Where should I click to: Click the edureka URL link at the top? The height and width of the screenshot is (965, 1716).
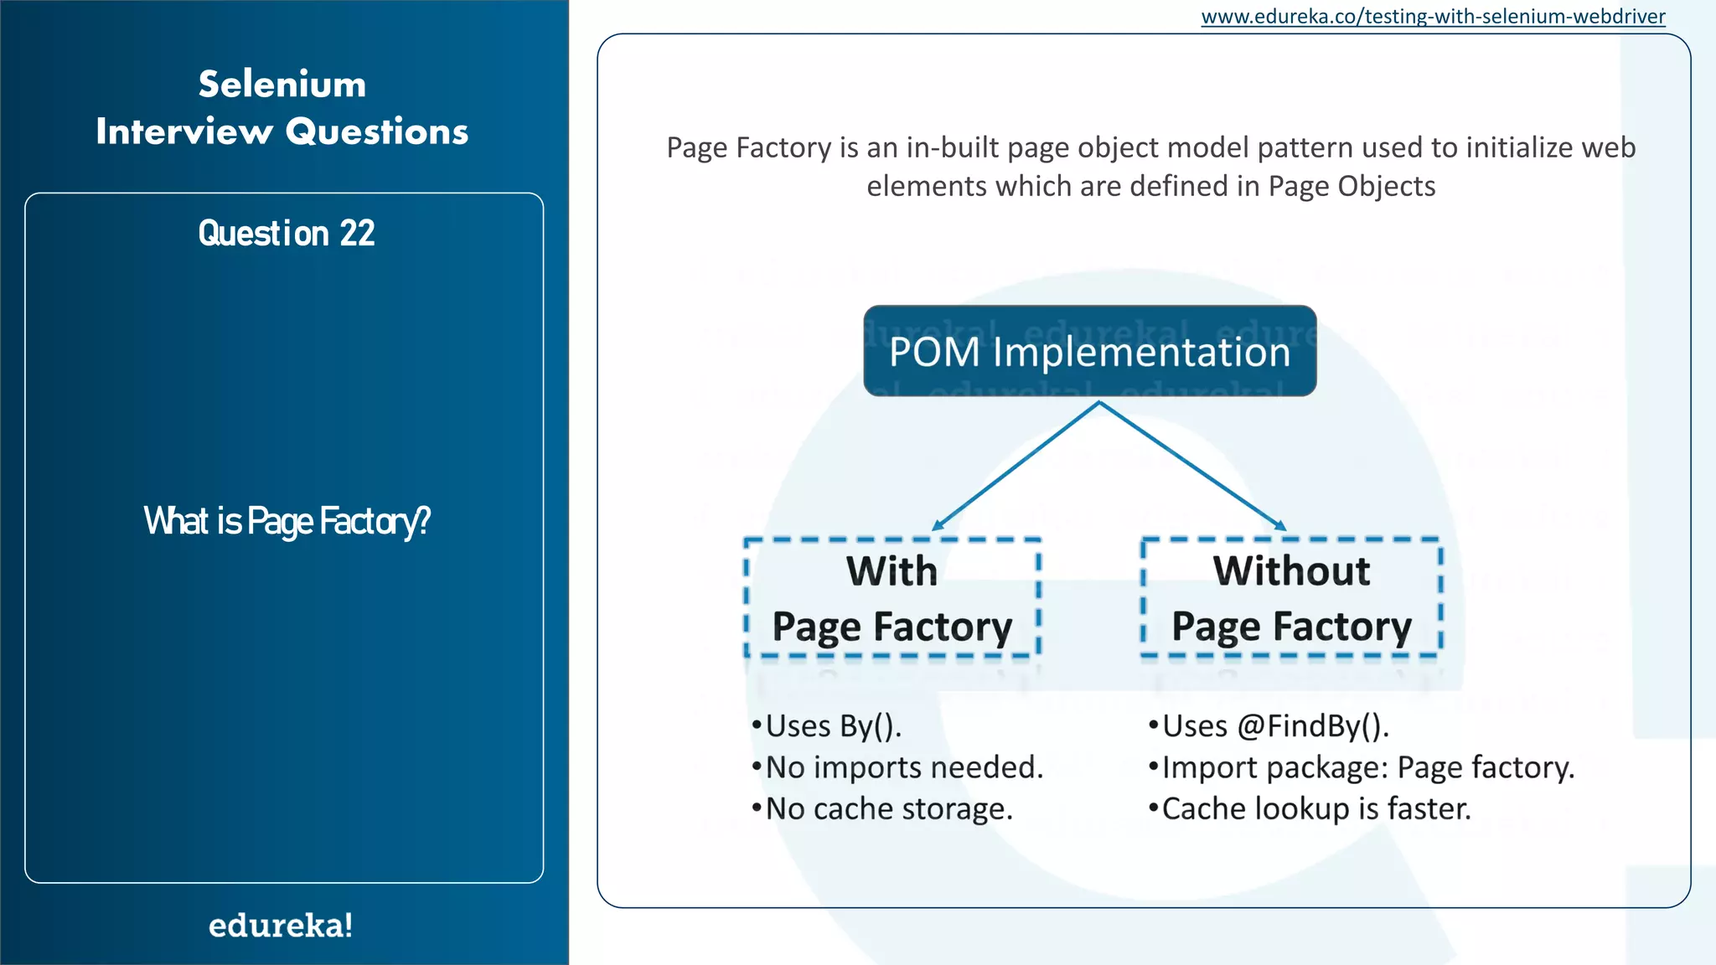point(1433,17)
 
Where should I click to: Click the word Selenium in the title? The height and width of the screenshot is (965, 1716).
point(282,85)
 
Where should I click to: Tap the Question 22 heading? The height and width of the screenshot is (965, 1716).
point(286,234)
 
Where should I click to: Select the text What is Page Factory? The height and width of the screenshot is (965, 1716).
point(287,521)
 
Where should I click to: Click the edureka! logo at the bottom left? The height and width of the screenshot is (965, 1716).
point(281,926)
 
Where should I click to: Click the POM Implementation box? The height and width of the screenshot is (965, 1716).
point(1089,351)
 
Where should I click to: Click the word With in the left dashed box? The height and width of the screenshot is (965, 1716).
point(892,571)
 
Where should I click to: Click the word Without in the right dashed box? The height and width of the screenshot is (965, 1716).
point(1291,571)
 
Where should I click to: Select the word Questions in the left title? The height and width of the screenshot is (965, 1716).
point(377,132)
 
